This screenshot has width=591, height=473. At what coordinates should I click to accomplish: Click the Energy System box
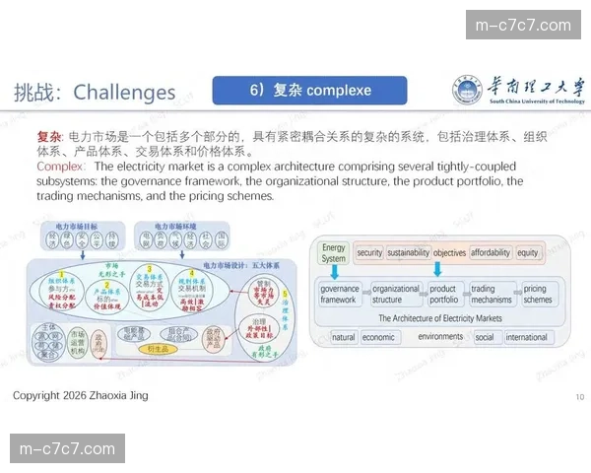333,253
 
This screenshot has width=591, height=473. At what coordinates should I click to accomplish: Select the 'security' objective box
369,253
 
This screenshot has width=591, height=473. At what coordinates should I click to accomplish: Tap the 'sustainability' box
408,253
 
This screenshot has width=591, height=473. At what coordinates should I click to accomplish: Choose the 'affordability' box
491,253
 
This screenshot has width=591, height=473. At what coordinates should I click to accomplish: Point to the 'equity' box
528,253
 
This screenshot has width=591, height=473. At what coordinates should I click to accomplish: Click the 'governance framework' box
339,295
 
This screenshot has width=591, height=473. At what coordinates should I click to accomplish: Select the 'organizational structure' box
395,295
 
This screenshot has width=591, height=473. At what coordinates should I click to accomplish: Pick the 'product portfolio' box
444,295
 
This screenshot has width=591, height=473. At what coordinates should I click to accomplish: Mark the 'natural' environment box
344,337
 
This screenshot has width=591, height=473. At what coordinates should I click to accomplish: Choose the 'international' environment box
527,337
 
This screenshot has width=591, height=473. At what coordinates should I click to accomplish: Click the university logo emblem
472,89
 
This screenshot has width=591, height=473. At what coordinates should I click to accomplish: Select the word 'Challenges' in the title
124,93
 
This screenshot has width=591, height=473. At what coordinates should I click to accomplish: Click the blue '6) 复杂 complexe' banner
309,91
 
